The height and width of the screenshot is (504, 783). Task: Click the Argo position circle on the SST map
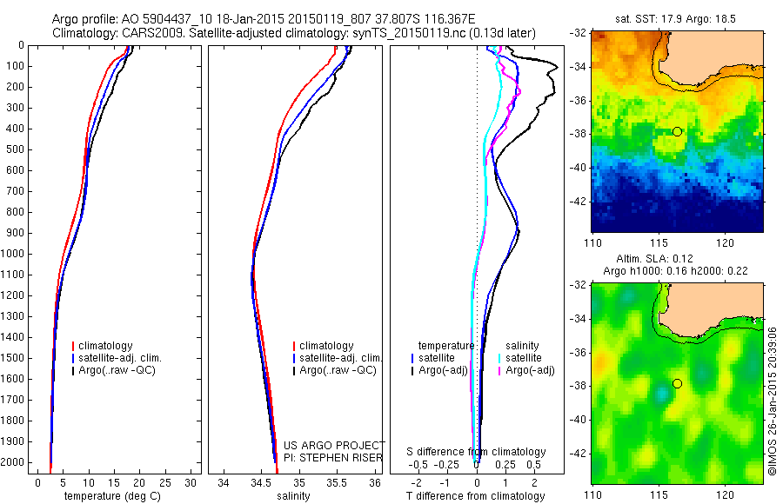pyautogui.click(x=677, y=131)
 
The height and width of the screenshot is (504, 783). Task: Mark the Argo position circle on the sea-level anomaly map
pyautogui.click(x=677, y=383)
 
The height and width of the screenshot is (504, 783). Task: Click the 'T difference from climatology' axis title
pyautogui.click(x=476, y=496)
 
